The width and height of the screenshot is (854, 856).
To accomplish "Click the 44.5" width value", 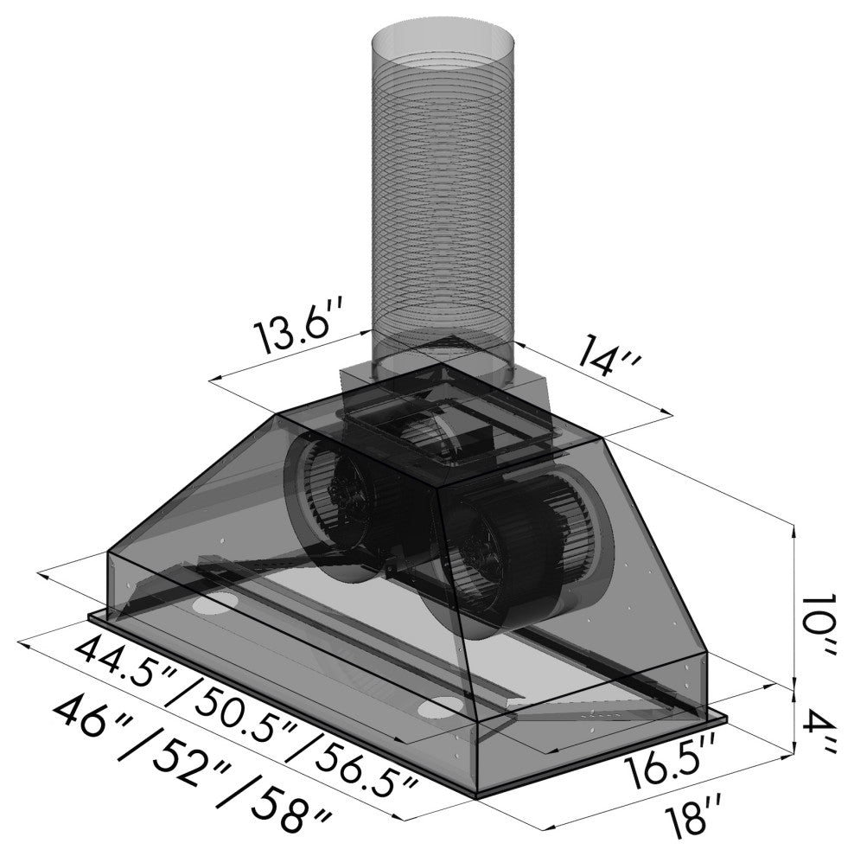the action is [126, 668].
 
